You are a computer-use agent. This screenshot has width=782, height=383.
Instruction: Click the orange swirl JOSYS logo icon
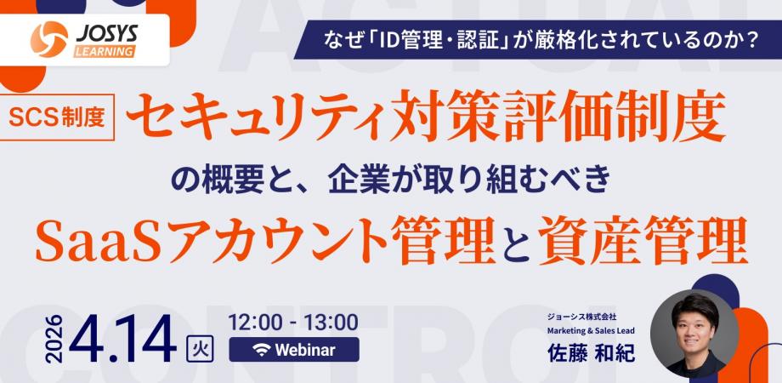tap(49, 39)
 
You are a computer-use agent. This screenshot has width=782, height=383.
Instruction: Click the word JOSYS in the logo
tap(106, 33)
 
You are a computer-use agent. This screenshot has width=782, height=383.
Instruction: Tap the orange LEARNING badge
tap(105, 51)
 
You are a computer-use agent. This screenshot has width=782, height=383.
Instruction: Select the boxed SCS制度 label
tap(56, 117)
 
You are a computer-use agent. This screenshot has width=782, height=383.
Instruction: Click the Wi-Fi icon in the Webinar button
tap(261, 350)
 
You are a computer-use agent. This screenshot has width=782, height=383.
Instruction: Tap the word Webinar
tap(305, 350)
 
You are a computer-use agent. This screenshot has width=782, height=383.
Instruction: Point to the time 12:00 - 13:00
tap(293, 323)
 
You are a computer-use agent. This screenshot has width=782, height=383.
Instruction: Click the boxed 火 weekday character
tap(200, 348)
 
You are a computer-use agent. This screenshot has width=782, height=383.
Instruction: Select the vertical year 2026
tap(54, 339)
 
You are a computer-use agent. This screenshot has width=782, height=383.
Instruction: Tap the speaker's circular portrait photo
tap(694, 334)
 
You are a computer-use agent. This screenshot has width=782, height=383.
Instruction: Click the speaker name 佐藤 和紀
tap(591, 352)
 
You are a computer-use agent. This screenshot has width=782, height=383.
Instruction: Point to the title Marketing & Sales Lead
tap(591, 330)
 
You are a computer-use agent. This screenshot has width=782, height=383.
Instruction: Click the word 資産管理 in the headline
tap(643, 239)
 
